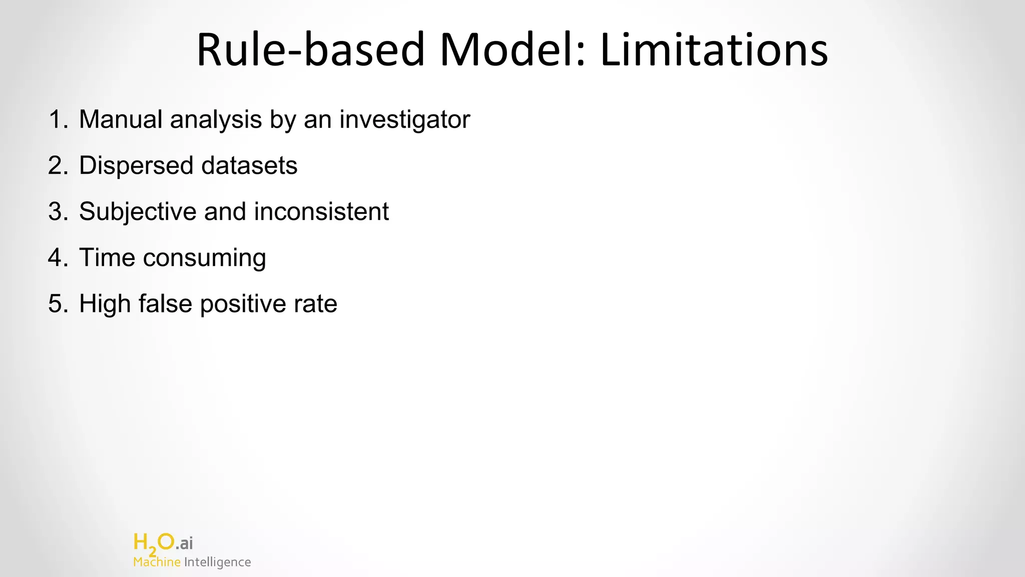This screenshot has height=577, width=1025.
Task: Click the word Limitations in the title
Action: click(x=714, y=50)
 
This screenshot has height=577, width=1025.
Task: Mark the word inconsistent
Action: click(x=321, y=212)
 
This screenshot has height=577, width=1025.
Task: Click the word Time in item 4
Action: click(x=107, y=258)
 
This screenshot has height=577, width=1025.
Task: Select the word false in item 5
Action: click(x=165, y=304)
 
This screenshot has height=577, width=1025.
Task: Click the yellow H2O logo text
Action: click(x=154, y=543)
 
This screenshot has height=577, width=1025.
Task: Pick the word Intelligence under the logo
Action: click(x=217, y=562)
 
